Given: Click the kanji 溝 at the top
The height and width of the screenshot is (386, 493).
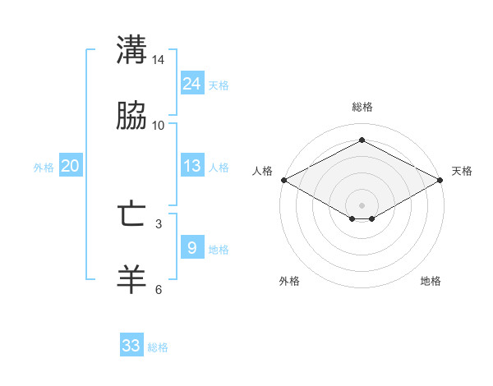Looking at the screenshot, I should pos(131,49).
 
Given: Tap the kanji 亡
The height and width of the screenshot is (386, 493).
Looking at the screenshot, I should pos(131,214).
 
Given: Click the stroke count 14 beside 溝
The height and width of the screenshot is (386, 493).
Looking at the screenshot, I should pos(159,61).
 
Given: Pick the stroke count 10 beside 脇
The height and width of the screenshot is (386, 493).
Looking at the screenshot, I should pos(159,126).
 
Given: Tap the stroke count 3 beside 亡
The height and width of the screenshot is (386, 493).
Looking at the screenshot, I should pos(159,223).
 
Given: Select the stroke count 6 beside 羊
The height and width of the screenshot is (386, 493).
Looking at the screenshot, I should pos(159,289).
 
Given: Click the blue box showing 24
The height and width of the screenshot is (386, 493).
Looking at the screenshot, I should pos(191,84).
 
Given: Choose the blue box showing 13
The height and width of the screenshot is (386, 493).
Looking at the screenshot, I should pos(191,166).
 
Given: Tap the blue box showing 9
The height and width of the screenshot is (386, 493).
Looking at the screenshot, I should pos(191,247).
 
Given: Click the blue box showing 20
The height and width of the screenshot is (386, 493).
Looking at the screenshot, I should pos(70,166).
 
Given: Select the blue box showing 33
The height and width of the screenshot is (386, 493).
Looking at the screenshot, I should pos(131,346).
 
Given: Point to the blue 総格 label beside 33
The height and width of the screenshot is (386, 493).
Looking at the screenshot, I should pos(158,347).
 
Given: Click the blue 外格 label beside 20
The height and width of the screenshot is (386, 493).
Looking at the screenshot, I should pos(44,168).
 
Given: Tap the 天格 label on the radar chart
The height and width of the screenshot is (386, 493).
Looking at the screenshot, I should pos(462,171).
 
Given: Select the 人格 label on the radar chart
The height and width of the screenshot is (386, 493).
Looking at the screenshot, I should pos(262,171).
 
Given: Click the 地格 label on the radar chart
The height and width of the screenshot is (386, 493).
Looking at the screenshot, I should pos(431,282).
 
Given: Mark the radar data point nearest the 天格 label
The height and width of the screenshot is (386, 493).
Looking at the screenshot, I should pos(440,180).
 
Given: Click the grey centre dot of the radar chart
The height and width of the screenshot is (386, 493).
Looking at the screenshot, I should pos(362,204).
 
